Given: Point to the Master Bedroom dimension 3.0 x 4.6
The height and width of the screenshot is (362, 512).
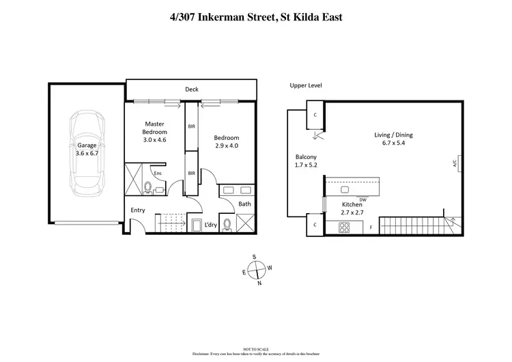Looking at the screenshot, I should pyautogui.click(x=155, y=140).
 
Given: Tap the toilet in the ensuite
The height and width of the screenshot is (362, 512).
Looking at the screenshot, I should pyautogui.click(x=149, y=186).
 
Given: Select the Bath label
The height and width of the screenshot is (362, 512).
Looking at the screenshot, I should pyautogui.click(x=244, y=204).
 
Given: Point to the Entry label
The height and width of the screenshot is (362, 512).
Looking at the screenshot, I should pyautogui.click(x=137, y=210).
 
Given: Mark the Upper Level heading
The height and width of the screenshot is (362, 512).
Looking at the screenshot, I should pyautogui.click(x=305, y=85).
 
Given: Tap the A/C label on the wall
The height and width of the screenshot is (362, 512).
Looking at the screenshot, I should pyautogui.click(x=454, y=163).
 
